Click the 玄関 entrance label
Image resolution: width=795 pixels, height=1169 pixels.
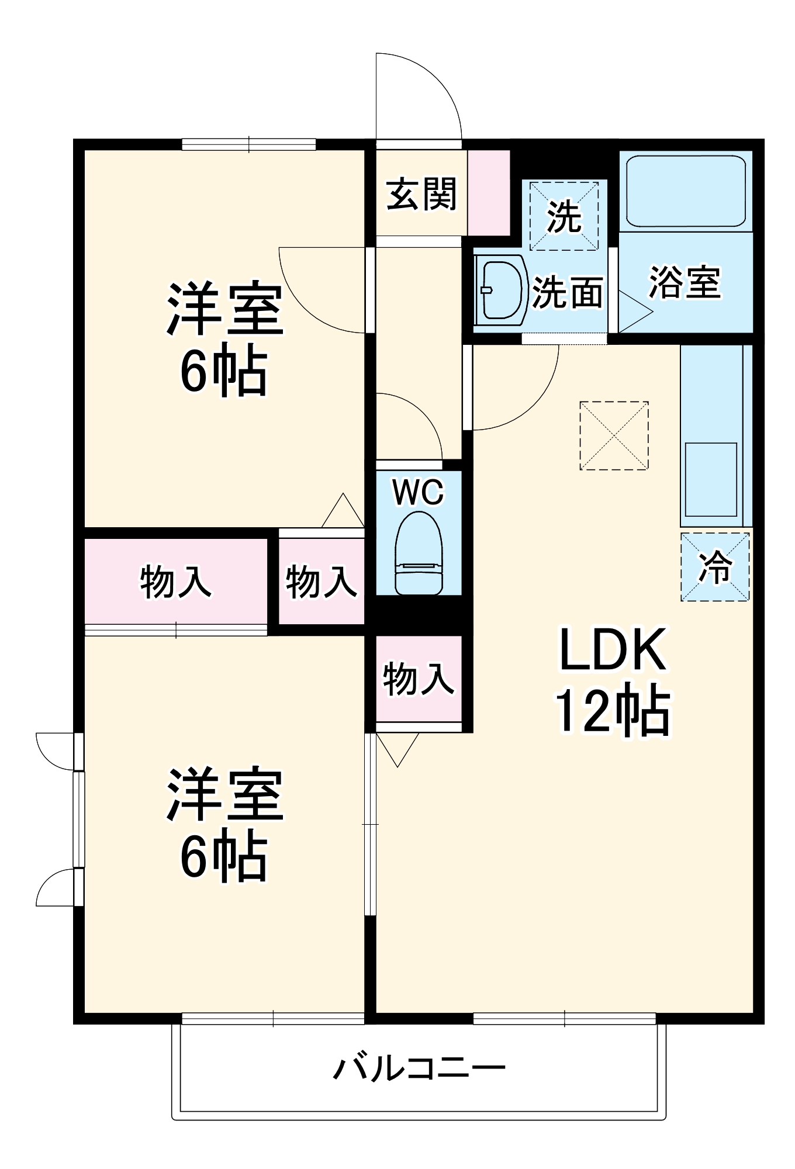421,194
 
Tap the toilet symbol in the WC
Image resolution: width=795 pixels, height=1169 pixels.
419,554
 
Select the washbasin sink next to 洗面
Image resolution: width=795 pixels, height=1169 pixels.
501,290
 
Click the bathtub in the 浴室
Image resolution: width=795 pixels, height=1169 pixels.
686,191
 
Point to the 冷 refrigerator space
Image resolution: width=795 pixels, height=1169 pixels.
715,566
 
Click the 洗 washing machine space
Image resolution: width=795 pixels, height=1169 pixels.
564,216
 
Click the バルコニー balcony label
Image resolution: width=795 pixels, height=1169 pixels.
419,1068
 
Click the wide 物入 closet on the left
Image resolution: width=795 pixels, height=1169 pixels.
175,581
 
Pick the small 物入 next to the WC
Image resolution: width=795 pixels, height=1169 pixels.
321,581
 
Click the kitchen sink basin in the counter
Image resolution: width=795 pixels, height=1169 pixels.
711,480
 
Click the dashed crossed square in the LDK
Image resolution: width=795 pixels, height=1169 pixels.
614,435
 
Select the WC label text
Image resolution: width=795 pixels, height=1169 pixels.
419,492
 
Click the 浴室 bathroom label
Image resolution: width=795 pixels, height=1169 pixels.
685,283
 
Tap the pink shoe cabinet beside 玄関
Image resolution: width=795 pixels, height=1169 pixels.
489,193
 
